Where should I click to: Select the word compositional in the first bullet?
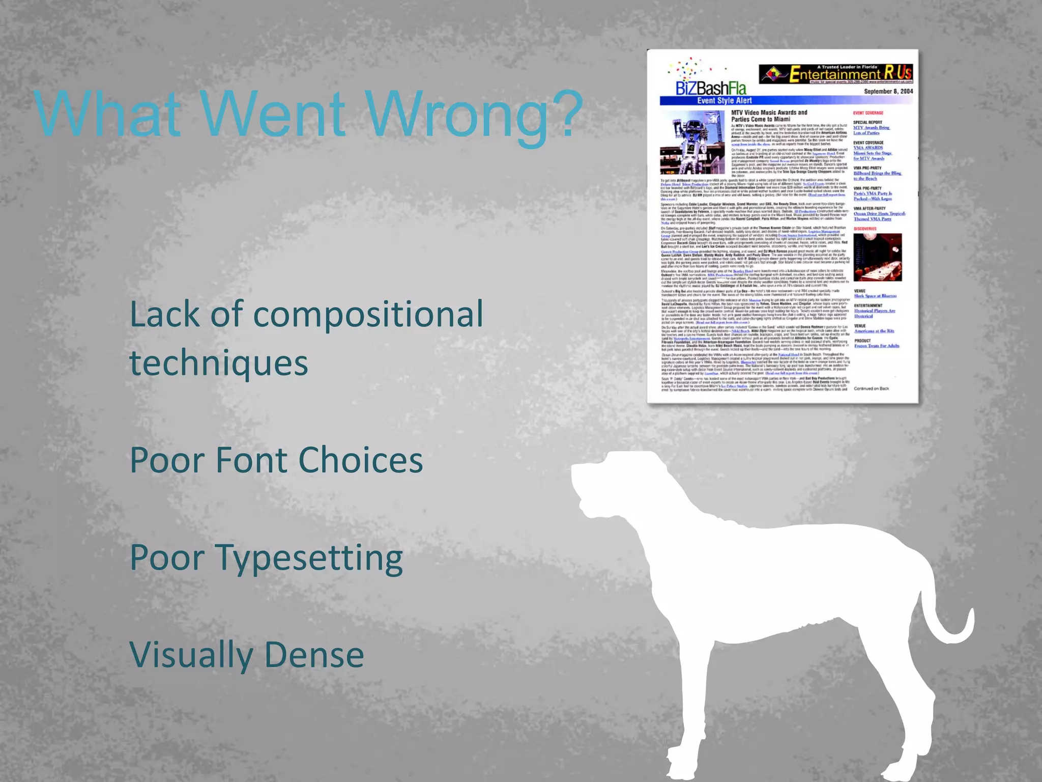pos(368,314)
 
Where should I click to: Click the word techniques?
pos(219,364)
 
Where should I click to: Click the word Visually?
pos(190,656)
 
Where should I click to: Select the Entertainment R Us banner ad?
pos(836,74)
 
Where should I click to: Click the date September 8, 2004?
pos(888,92)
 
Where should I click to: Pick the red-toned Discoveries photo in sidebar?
pos(878,257)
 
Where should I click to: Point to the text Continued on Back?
pos(871,388)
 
